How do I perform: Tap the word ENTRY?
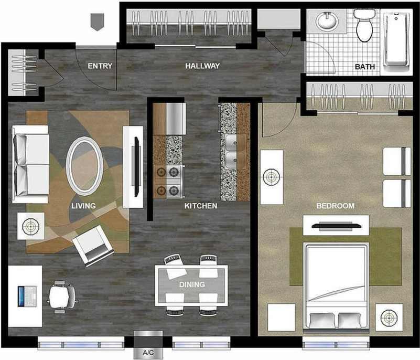100,66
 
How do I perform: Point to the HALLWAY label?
202,66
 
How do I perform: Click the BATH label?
364,67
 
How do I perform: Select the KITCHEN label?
200,206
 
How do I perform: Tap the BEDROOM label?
335,206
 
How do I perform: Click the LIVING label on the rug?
83,206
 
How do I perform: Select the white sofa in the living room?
30,164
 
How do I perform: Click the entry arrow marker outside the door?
96,22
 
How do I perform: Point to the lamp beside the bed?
389,317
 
